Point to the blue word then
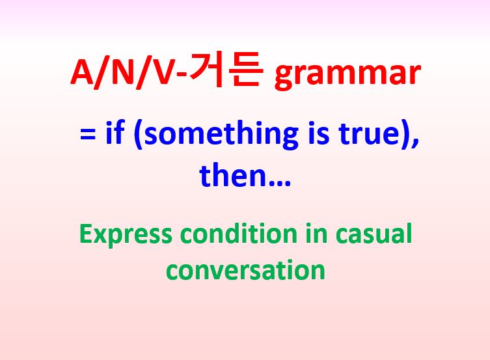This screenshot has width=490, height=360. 232,175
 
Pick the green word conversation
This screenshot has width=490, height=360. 245,269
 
